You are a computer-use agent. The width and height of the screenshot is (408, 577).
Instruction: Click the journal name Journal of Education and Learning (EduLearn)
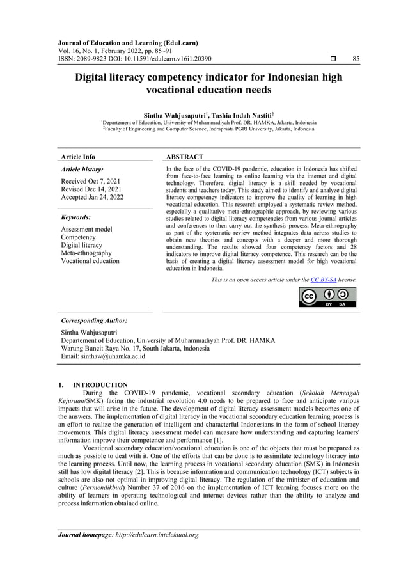pyautogui.click(x=128, y=43)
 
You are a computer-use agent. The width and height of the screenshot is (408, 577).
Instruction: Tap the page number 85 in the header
pyautogui.click(x=356, y=59)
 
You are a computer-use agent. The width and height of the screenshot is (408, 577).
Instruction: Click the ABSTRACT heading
pyautogui.click(x=185, y=157)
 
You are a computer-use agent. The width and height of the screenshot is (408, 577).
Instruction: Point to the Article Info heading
pyautogui.click(x=77, y=157)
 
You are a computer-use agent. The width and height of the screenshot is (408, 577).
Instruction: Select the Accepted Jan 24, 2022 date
pyautogui.click(x=92, y=198)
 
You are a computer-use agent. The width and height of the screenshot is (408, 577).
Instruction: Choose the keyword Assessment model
pyautogui.click(x=86, y=229)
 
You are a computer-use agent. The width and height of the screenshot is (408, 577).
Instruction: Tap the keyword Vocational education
pyautogui.click(x=90, y=261)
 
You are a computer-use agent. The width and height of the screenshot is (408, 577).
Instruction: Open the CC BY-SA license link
pyautogui.click(x=324, y=280)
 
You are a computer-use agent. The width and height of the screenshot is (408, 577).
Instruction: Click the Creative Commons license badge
pyautogui.click(x=327, y=297)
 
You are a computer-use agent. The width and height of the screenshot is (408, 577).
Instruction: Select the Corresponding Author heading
pyautogui.click(x=93, y=320)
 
